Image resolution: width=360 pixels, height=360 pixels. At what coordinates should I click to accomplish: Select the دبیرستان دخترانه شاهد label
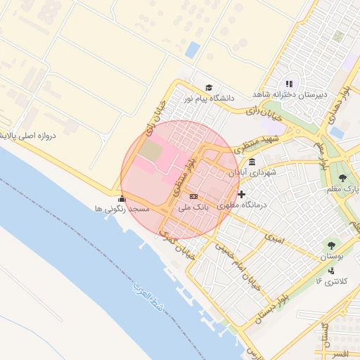[x=289, y=95]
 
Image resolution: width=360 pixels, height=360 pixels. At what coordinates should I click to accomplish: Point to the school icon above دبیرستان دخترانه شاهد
[x=289, y=84]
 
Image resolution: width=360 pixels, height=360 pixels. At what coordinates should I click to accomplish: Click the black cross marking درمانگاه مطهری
[x=241, y=194]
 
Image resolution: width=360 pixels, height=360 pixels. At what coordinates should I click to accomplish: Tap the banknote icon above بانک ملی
[x=193, y=196]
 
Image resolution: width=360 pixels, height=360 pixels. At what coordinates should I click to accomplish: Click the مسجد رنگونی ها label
[x=122, y=210]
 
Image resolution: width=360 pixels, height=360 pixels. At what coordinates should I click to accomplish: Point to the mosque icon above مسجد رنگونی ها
[x=122, y=198]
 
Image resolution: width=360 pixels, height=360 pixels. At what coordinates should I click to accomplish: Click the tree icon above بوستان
[x=330, y=245]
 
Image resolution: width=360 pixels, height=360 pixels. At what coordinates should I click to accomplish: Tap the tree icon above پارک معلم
[x=342, y=178]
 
